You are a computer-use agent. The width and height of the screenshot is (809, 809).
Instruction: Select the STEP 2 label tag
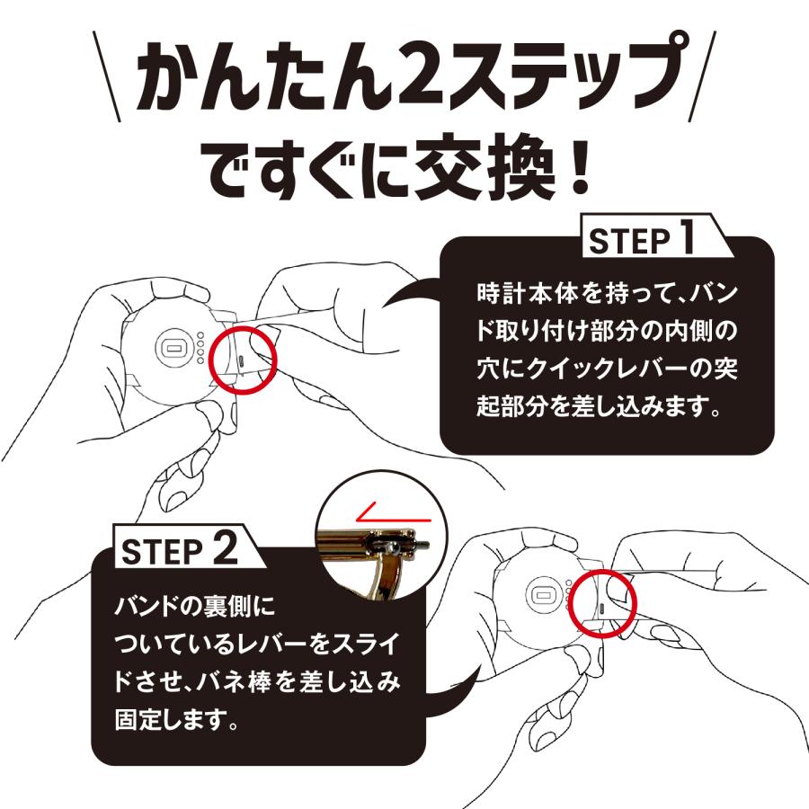[178, 550]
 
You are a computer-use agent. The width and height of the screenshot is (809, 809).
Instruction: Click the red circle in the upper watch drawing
[244, 360]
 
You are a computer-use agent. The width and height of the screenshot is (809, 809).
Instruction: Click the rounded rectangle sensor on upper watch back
[173, 346]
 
